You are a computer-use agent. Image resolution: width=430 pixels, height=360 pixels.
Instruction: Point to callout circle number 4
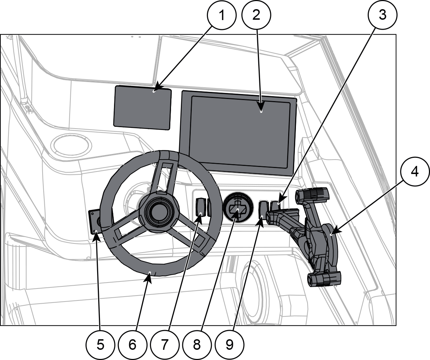point(415,172)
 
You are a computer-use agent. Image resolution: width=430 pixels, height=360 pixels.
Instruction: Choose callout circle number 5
point(101,345)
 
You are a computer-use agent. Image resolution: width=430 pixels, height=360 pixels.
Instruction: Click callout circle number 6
point(132,345)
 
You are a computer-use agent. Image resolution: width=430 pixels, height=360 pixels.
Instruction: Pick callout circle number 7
point(164,345)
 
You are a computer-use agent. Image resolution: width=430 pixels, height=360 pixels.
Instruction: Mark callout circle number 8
point(197,345)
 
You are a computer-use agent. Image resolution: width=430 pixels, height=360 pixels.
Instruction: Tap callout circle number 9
point(229,345)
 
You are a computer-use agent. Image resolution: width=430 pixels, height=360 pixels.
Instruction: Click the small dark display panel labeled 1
point(143,107)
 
